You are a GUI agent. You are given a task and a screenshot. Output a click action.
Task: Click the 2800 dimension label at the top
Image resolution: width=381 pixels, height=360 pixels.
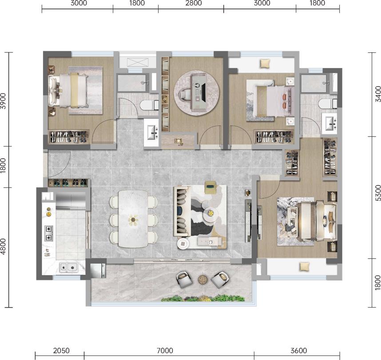click(194, 3)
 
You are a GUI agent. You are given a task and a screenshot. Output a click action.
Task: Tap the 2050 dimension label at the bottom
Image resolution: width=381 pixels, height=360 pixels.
click(61, 351)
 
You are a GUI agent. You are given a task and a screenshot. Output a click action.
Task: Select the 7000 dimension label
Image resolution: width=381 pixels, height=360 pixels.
click(165, 351)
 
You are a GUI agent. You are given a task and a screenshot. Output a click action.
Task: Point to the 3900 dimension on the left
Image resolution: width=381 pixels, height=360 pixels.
click(3, 101)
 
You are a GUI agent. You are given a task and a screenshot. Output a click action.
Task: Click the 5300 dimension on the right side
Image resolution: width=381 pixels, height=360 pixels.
click(378, 193)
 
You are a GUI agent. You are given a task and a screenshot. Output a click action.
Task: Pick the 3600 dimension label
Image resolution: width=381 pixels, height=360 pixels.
click(299, 351)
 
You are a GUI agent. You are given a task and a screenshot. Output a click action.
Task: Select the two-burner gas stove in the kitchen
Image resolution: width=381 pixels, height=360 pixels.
click(49, 233)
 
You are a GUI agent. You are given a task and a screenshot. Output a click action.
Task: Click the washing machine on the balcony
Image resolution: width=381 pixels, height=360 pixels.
click(98, 271)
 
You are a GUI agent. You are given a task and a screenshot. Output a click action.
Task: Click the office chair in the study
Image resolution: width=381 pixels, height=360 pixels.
click(186, 94)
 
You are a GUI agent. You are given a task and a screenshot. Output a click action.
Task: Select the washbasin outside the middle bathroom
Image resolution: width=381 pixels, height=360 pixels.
click(151, 132)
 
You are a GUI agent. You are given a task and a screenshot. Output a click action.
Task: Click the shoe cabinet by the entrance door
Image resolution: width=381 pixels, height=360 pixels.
click(68, 183)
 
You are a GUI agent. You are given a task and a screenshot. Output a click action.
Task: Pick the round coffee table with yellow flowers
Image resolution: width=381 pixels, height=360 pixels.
click(210, 213)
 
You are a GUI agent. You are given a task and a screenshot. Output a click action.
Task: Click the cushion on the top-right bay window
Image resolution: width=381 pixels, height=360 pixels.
click(265, 64)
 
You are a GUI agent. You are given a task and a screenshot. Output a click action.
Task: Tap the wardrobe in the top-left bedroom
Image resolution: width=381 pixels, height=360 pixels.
click(68, 137)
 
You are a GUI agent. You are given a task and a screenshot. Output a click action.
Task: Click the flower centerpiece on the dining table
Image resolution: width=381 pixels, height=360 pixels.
click(133, 220)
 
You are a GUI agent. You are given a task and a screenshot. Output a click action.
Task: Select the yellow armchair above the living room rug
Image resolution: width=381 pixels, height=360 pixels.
click(210, 187)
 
